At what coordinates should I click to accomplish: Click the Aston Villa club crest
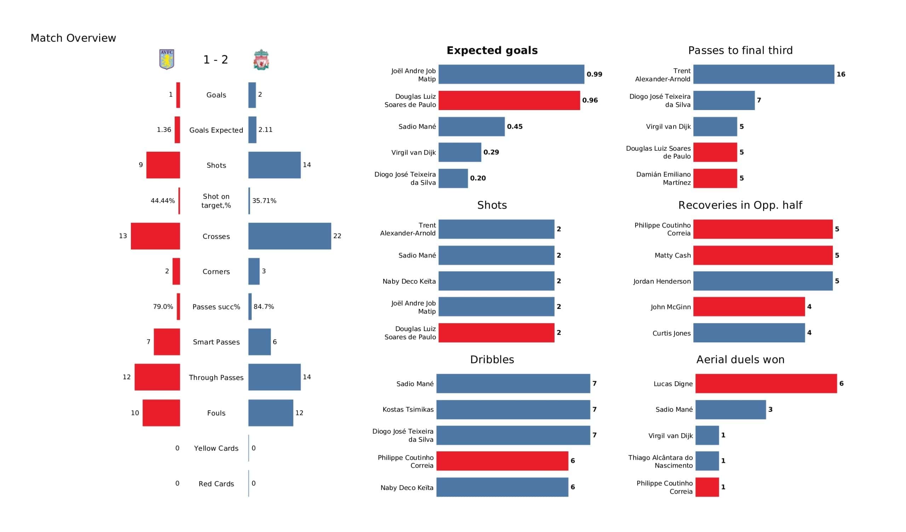166,59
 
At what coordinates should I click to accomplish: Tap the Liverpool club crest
261,60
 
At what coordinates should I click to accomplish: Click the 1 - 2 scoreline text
216,60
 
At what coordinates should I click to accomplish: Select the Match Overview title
73,38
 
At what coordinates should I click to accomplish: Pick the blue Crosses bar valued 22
289,236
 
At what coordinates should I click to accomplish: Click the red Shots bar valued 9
163,165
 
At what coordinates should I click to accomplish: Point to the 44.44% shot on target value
162,201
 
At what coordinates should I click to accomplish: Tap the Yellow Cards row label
216,448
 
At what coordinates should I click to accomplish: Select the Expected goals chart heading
492,50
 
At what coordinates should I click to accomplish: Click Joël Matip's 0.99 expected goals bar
511,74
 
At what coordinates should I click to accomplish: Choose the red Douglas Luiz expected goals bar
509,100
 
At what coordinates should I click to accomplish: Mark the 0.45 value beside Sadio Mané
515,127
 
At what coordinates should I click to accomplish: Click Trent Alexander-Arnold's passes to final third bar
763,74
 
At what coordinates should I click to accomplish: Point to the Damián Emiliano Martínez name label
663,178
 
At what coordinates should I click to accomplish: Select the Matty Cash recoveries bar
763,255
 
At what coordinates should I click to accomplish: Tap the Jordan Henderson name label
661,282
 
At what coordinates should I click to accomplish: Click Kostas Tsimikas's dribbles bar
513,409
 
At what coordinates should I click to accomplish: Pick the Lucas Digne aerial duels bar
766,383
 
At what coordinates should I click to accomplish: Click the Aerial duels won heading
740,359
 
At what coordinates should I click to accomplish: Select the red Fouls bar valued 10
161,413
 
